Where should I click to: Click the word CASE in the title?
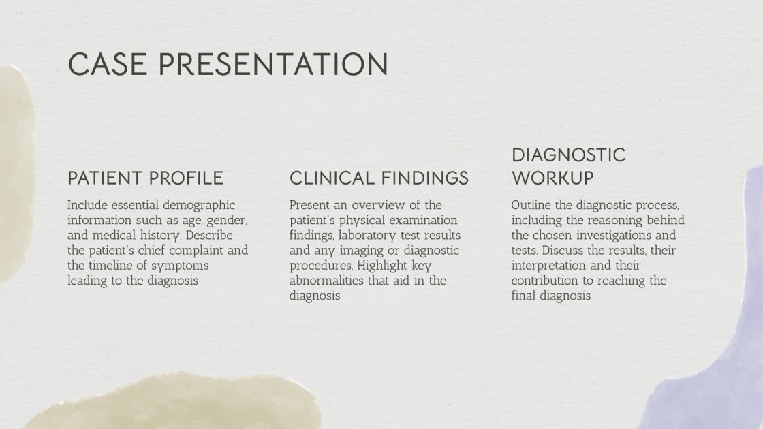[x=108, y=64]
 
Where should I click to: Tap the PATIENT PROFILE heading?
[x=145, y=178]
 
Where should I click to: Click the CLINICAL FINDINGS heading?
[x=379, y=178]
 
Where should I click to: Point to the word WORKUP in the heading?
[x=552, y=178]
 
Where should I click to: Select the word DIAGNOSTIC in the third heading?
[x=568, y=155]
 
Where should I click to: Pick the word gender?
[x=227, y=221]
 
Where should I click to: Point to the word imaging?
[x=356, y=251]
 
